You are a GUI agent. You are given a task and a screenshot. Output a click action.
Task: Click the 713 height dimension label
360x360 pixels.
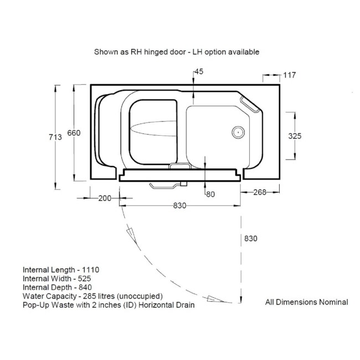click(x=55, y=137)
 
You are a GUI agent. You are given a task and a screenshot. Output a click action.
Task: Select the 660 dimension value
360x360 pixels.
click(x=74, y=133)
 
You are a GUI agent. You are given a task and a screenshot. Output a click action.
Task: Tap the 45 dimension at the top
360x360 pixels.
click(x=199, y=71)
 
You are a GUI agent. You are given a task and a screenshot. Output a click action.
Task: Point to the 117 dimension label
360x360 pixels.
click(x=290, y=75)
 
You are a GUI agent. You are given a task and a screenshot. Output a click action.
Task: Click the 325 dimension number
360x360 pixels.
click(x=295, y=136)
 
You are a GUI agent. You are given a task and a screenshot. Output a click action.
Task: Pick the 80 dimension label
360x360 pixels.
click(x=210, y=194)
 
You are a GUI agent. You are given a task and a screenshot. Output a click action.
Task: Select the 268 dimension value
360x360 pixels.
click(x=260, y=192)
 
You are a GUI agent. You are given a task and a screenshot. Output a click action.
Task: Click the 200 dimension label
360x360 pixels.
click(x=105, y=198)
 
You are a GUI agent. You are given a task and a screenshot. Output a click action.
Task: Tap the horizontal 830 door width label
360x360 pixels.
click(x=180, y=205)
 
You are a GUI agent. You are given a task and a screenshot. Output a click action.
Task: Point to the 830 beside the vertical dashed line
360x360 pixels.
click(x=251, y=239)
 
